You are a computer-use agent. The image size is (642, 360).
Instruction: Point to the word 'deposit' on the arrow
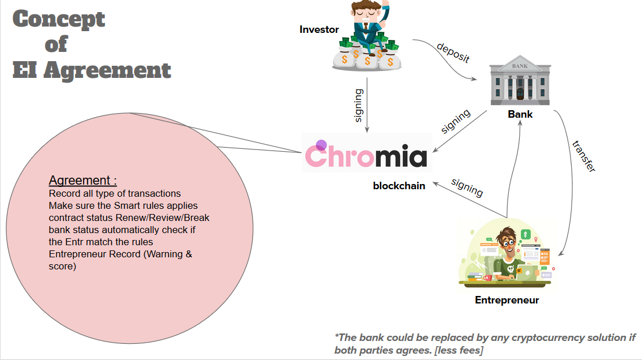point(453,52)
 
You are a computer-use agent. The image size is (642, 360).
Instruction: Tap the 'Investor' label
point(319,29)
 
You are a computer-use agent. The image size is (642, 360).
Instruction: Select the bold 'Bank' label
point(520,114)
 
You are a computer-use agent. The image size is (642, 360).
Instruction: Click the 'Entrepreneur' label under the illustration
point(506,300)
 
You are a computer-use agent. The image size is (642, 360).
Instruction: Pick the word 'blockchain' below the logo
point(399,185)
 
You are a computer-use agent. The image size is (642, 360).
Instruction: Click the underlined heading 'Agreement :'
point(82,180)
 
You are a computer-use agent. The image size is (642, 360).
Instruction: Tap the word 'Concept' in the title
point(59,18)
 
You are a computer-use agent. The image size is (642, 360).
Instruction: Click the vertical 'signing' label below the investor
point(359,105)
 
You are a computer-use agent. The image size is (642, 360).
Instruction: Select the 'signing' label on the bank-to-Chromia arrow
point(456,121)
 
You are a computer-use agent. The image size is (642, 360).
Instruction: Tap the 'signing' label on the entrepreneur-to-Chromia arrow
point(467,187)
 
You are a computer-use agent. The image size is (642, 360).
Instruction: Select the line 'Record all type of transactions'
point(115,193)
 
